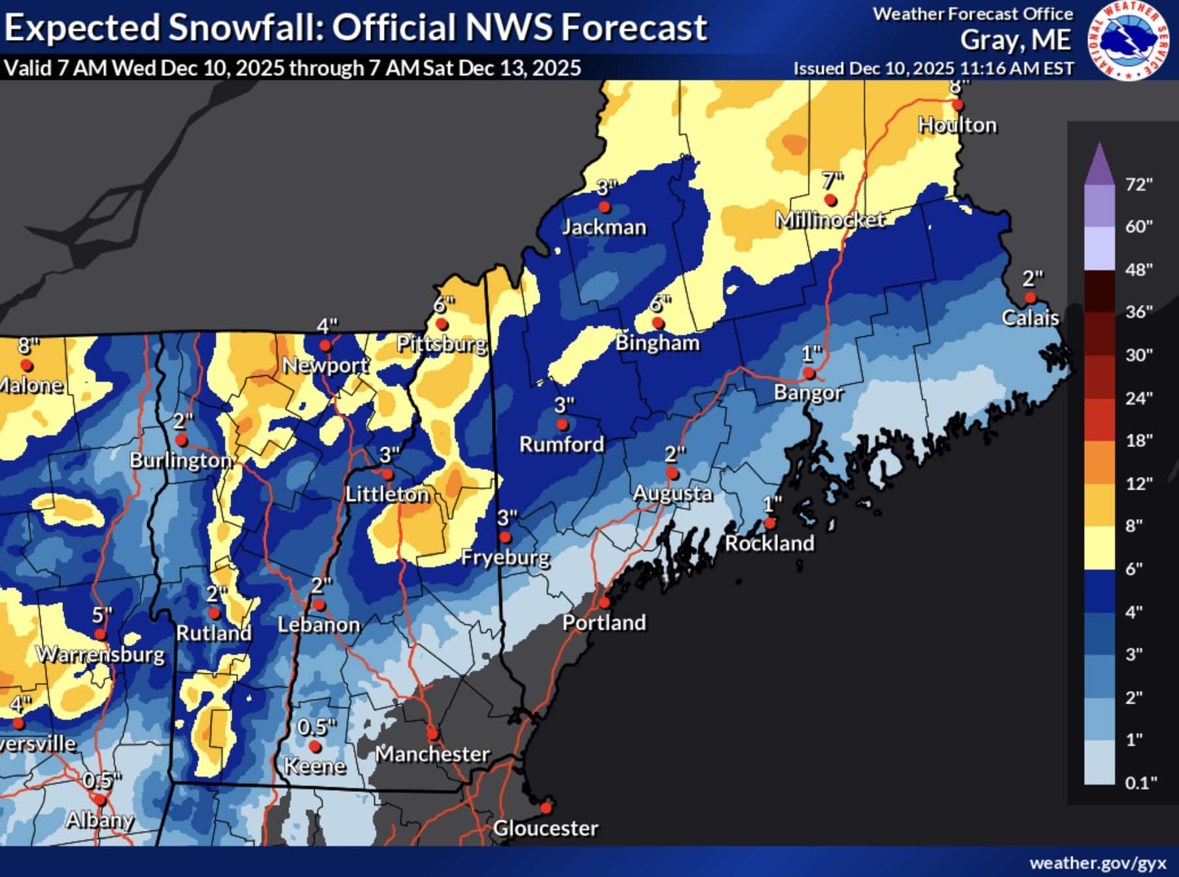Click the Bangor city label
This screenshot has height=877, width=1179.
click(808, 393)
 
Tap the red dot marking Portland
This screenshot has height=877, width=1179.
click(604, 601)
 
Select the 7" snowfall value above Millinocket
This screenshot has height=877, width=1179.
click(832, 179)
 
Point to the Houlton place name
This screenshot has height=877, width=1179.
click(957, 125)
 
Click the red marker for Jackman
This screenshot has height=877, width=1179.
click(605, 207)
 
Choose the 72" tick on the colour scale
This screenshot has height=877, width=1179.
click(1138, 185)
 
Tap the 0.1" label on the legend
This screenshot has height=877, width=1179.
click(1140, 782)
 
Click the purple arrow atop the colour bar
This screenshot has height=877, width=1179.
click(1099, 164)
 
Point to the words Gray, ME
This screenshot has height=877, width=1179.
click(1015, 41)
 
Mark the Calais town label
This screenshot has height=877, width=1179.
click(1030, 318)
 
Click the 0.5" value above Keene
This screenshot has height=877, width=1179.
click(316, 726)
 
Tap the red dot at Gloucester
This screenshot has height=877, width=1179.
click(545, 807)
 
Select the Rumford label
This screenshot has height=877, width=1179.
click(561, 444)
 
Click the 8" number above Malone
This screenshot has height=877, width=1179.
click(28, 345)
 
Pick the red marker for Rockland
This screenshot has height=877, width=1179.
click(770, 523)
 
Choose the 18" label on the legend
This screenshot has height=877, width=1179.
click(1138, 440)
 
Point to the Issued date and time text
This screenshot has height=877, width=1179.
click(933, 68)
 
